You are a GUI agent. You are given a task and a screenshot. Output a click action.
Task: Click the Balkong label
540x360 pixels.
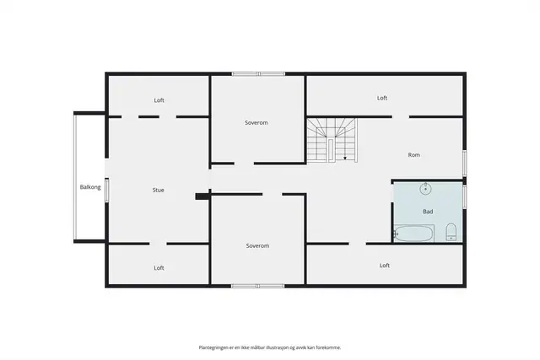[x=90, y=187]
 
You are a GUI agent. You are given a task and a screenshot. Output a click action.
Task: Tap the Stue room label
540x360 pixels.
[x=158, y=190]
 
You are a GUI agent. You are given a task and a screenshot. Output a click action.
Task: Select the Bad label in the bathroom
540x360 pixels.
[x=428, y=212]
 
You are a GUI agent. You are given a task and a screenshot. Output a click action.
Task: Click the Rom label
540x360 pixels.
[x=414, y=155]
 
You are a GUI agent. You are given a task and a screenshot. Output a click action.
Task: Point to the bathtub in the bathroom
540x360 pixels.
[x=414, y=234]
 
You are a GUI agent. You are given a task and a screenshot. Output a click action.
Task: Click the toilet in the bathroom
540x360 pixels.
[x=451, y=232]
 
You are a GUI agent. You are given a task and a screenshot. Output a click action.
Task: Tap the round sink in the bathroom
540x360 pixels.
[x=425, y=189]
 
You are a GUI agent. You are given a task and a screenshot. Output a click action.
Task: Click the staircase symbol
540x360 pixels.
[x=332, y=141]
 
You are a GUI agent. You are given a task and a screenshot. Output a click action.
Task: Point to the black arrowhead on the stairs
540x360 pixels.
[x=345, y=159]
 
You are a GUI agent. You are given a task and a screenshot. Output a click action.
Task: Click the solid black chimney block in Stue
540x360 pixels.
[x=202, y=196]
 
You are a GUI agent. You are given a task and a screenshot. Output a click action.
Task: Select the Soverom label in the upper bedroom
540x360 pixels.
[x=256, y=122]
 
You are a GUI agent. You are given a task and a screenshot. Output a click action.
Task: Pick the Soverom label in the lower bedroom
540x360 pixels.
[x=257, y=245]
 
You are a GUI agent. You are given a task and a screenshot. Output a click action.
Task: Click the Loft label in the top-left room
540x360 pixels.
[x=159, y=100]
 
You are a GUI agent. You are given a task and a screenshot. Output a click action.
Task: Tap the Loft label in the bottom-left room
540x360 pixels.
[x=159, y=268]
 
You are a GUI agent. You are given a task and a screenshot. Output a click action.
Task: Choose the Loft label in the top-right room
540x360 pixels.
[x=382, y=98]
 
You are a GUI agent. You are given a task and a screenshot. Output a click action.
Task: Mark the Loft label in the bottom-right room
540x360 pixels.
[x=385, y=266]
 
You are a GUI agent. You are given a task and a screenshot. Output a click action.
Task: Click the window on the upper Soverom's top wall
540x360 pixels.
[x=258, y=73]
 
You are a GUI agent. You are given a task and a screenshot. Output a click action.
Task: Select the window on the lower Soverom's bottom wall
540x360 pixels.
[x=258, y=286]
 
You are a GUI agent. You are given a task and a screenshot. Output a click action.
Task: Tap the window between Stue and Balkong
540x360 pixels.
[x=107, y=190]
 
